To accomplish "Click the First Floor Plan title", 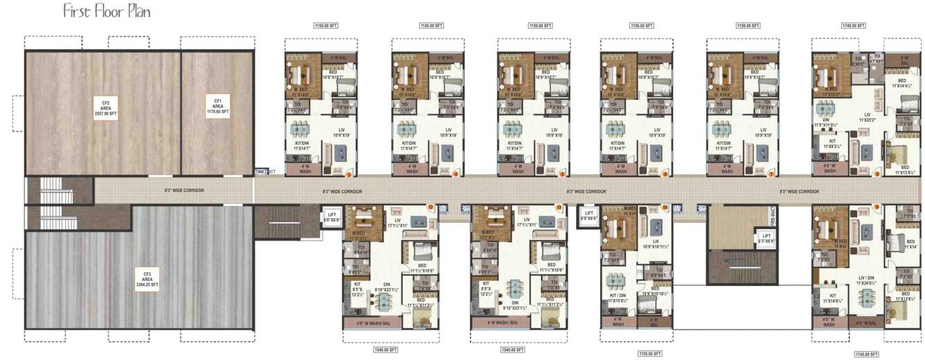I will [x=107, y=12].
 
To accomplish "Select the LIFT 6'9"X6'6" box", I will [x=589, y=215].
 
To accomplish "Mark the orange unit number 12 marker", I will [x=430, y=206].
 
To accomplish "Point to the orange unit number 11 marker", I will [x=559, y=206].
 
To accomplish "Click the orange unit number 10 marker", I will [x=665, y=206].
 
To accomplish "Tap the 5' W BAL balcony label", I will [x=904, y=60].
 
